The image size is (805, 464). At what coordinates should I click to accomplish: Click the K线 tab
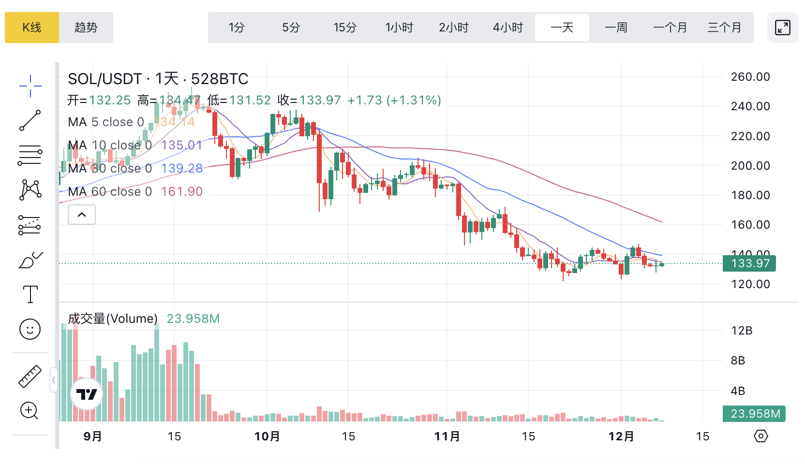[32, 28]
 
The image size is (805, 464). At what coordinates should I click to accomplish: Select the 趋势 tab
[86, 28]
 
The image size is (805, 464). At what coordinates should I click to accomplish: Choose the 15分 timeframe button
[345, 28]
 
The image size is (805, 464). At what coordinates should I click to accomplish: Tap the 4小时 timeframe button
[508, 28]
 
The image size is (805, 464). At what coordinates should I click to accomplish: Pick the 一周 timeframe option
[616, 28]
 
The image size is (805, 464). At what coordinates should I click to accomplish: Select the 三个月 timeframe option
[724, 28]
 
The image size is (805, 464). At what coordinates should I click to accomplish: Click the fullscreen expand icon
[782, 28]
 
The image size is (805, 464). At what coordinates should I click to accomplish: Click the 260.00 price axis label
[750, 77]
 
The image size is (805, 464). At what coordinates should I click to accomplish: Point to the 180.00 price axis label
[750, 195]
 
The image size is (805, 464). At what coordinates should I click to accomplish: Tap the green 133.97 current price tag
[749, 263]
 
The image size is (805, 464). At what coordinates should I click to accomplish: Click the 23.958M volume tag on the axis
[754, 414]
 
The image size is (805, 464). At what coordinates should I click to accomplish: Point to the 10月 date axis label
[267, 436]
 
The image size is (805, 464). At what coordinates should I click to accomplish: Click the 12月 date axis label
[621, 436]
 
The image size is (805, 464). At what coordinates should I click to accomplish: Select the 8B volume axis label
[738, 361]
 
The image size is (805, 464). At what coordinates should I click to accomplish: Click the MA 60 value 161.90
[181, 192]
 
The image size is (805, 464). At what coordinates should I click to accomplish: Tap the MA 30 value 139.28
[181, 169]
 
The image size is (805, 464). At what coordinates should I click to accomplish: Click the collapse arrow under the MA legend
[82, 215]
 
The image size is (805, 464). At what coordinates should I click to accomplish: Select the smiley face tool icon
[30, 330]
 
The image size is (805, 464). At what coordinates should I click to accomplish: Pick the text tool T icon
[30, 294]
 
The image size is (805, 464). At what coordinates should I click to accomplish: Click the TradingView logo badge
[87, 394]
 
